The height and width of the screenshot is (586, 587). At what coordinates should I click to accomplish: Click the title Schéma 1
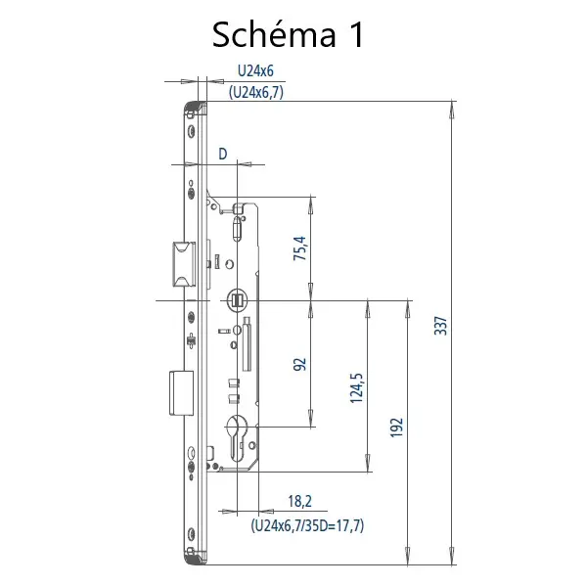(x=288, y=34)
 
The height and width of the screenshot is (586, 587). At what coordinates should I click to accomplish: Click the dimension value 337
(x=441, y=326)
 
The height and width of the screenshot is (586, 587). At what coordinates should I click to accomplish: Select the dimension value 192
(x=397, y=428)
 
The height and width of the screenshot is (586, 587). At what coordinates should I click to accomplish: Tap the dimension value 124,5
(x=356, y=388)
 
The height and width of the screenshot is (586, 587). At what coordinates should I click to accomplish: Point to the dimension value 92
(x=300, y=364)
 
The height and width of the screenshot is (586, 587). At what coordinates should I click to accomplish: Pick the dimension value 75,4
(x=300, y=248)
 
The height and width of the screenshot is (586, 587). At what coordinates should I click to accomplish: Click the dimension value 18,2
(x=299, y=501)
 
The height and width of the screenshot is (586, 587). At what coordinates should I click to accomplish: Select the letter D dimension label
(x=223, y=154)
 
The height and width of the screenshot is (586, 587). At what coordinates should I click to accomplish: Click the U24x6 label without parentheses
(x=255, y=70)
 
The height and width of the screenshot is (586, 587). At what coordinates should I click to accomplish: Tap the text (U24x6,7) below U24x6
(x=256, y=92)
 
